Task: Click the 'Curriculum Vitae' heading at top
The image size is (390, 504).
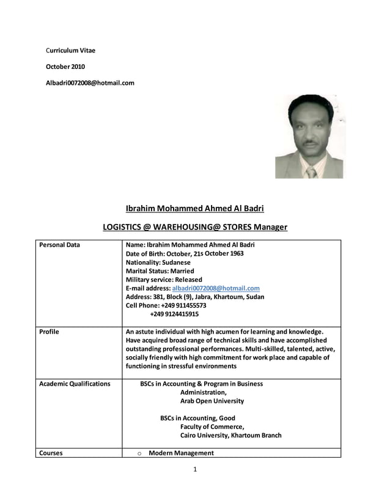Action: click(x=71, y=50)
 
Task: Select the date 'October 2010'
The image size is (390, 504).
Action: click(x=66, y=67)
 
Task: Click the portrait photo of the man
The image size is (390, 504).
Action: click(x=309, y=136)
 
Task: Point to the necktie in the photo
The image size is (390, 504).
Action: click(x=311, y=172)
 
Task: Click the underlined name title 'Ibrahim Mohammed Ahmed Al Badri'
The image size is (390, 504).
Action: click(x=195, y=208)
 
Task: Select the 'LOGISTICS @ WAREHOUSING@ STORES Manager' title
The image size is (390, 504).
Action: click(x=195, y=227)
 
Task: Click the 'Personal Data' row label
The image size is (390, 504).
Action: click(x=59, y=245)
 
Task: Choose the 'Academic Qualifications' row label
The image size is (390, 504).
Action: click(x=75, y=384)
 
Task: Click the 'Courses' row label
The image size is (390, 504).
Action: click(x=51, y=453)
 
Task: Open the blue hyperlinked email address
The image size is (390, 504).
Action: click(x=216, y=288)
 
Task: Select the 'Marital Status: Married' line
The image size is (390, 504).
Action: click(x=160, y=271)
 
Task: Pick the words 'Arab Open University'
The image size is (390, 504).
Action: click(x=212, y=401)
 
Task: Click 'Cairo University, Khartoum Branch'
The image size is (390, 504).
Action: click(x=230, y=436)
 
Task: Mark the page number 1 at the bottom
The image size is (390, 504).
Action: click(x=194, y=469)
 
